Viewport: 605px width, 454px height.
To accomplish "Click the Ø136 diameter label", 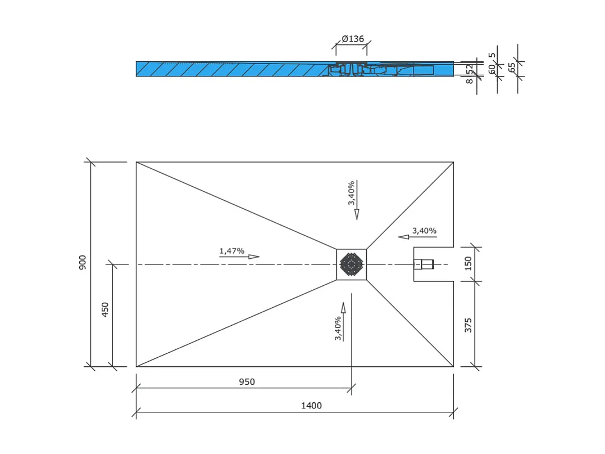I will pos(353,39).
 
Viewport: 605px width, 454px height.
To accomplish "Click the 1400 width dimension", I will pos(311,405).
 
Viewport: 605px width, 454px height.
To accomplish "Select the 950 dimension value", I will pos(247,382).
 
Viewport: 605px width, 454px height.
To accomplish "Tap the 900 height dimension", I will pos(83,262).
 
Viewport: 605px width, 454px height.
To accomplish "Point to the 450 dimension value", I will pos(105,309).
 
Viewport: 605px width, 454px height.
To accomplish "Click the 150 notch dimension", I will pos(468,263).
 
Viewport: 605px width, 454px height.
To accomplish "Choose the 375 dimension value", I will pos(468,325).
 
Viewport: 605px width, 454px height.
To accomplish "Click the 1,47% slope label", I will pos(232,251).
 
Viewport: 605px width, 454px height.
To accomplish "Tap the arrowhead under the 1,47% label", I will pos(254,257).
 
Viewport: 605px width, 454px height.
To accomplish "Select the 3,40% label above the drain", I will pos(351,192).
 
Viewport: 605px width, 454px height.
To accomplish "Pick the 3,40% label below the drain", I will pos(338,329).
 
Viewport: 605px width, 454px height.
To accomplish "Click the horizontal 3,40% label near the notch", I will pos(424,231).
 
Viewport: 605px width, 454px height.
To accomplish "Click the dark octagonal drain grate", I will pos(352,264).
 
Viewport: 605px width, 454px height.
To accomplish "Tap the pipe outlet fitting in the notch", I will pos(424,264).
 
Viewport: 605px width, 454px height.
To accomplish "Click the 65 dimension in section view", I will pos(511,66).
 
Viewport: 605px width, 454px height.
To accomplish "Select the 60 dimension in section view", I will pos(492,69).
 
